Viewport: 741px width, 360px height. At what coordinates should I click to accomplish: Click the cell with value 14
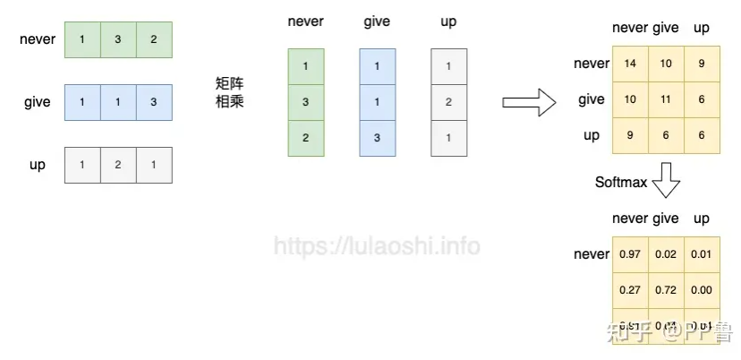(630, 64)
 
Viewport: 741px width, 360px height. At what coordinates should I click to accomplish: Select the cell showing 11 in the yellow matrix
(666, 99)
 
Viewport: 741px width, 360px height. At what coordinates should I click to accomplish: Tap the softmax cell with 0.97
(630, 254)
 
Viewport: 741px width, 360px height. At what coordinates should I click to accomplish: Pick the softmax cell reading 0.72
(666, 290)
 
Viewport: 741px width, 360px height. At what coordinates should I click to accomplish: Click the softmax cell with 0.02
(666, 254)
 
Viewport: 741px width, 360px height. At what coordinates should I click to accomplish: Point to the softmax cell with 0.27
(630, 290)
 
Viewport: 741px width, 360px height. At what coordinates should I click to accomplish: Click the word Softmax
(620, 183)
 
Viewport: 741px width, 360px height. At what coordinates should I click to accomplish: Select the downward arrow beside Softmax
(666, 182)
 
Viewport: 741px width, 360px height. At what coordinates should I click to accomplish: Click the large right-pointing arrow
(530, 102)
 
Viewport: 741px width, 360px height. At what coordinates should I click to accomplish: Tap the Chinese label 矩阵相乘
(230, 92)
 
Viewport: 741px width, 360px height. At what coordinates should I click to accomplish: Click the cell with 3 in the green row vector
(118, 40)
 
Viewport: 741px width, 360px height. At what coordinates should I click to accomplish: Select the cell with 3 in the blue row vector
(154, 102)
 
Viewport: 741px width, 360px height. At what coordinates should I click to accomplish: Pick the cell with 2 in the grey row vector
(118, 165)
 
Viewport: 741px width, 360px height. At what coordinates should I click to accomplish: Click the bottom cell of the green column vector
(305, 138)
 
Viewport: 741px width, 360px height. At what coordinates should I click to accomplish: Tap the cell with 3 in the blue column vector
(377, 138)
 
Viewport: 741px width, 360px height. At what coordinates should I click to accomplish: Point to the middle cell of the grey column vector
(448, 102)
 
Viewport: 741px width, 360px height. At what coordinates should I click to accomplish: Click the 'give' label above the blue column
(377, 21)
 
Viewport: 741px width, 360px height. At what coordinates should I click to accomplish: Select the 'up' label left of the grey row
(38, 165)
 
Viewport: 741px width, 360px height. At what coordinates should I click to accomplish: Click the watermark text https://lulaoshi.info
(377, 245)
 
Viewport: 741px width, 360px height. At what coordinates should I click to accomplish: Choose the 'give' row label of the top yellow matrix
(591, 99)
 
